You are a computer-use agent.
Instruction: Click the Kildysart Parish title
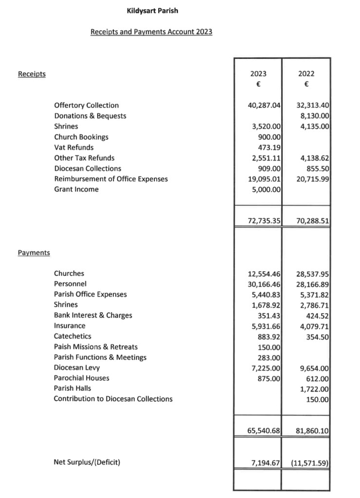point(152,10)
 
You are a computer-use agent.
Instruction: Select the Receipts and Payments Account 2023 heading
point(151,32)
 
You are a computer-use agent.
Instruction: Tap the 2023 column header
point(258,74)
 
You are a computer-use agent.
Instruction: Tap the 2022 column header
point(306,74)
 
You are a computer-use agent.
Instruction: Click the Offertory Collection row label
point(86,105)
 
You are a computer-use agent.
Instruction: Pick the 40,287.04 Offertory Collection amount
point(265,105)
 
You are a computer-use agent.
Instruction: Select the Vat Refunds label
point(73,147)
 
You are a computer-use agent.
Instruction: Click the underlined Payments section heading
point(34,253)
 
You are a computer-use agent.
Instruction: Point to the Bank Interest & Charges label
point(93,315)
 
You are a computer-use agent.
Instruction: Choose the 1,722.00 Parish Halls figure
point(316,388)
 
